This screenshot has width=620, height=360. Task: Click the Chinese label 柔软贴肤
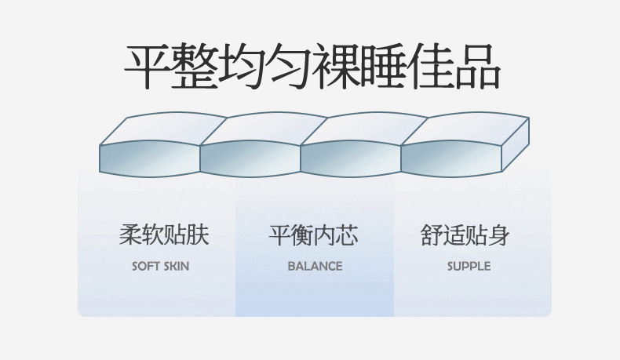(163, 235)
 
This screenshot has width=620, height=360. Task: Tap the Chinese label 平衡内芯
(313, 235)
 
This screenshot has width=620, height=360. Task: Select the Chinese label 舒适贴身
(465, 235)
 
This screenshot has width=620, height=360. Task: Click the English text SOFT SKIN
(160, 266)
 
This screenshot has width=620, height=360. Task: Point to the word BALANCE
(315, 266)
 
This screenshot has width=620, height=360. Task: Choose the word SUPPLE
(469, 266)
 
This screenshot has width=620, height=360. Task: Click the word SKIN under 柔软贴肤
(175, 266)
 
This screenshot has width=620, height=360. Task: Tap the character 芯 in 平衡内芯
(346, 235)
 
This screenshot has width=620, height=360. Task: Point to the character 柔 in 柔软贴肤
(130, 235)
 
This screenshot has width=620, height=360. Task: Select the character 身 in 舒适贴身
(498, 235)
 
